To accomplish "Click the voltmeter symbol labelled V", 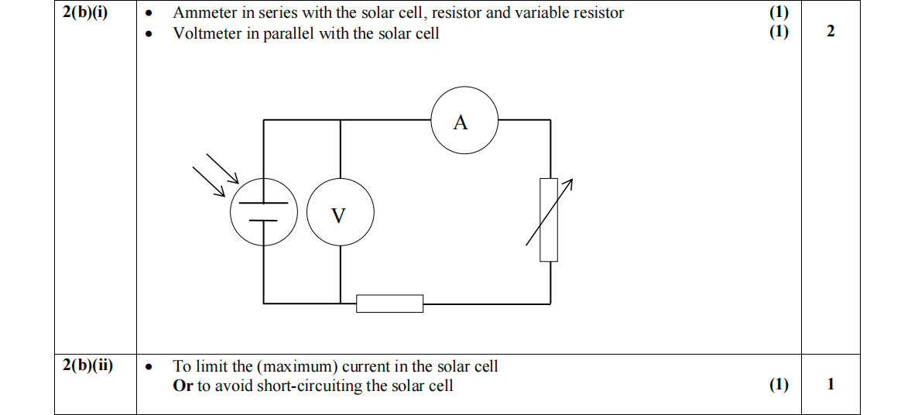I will coord(340,214).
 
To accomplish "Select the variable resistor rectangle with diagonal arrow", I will coord(549,219).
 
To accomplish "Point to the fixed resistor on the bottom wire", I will coord(389,304).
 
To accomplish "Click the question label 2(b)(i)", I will coord(87,13).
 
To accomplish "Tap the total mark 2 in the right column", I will coord(831,32).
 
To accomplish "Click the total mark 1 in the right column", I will coord(831,385).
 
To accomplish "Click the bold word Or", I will coord(183,386).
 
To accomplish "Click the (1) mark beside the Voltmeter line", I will coord(779,33).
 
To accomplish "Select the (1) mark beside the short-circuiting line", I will coord(779,386).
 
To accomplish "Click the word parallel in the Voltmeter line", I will coord(291,33).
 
